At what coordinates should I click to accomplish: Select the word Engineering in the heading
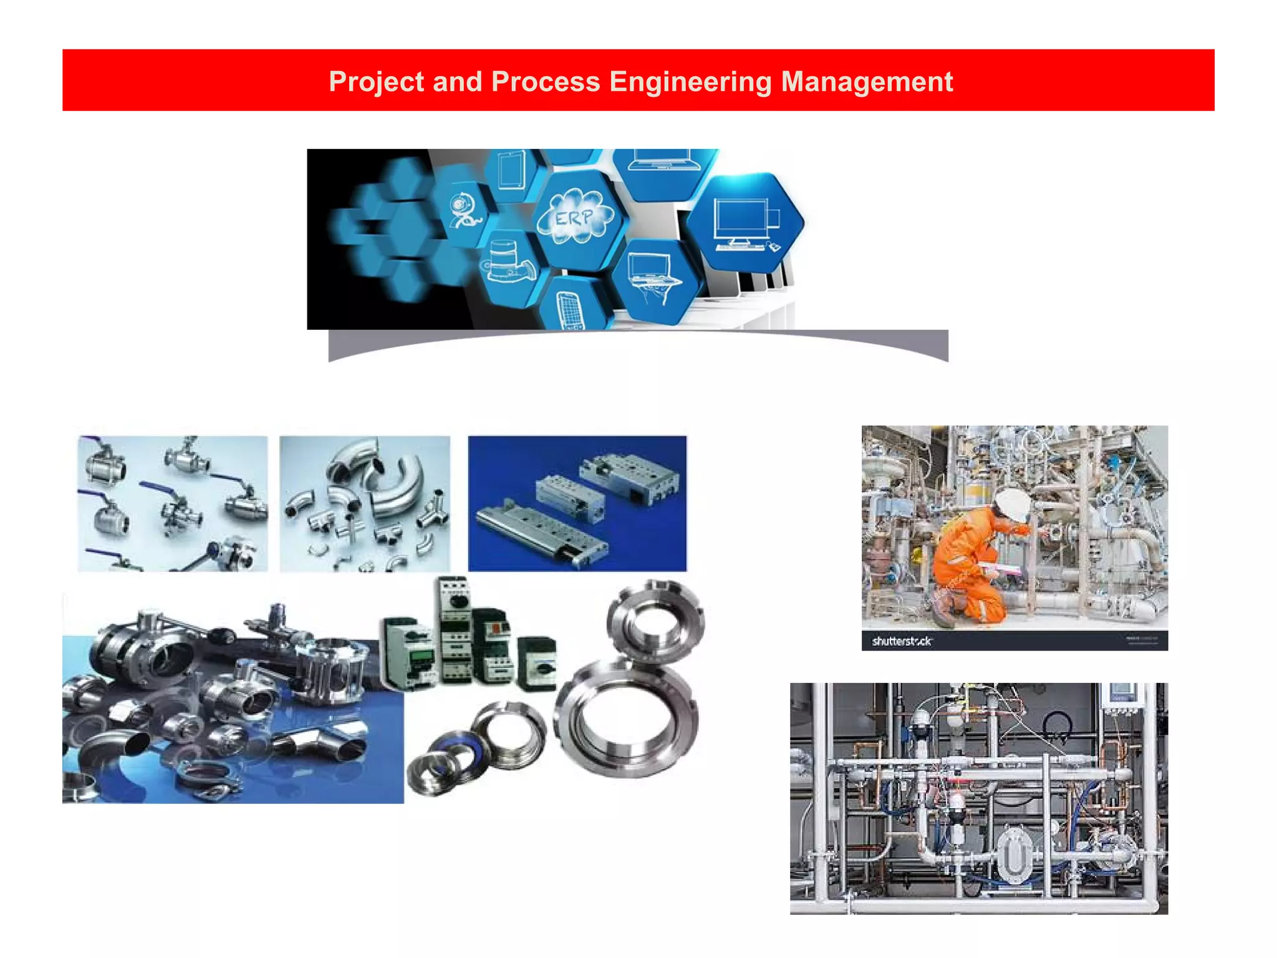(x=690, y=82)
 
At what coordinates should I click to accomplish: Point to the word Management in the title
(x=867, y=82)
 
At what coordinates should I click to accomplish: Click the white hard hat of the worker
(x=1012, y=504)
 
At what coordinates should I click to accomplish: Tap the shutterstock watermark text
(x=901, y=641)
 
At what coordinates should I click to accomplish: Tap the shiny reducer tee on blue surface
(x=324, y=742)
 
